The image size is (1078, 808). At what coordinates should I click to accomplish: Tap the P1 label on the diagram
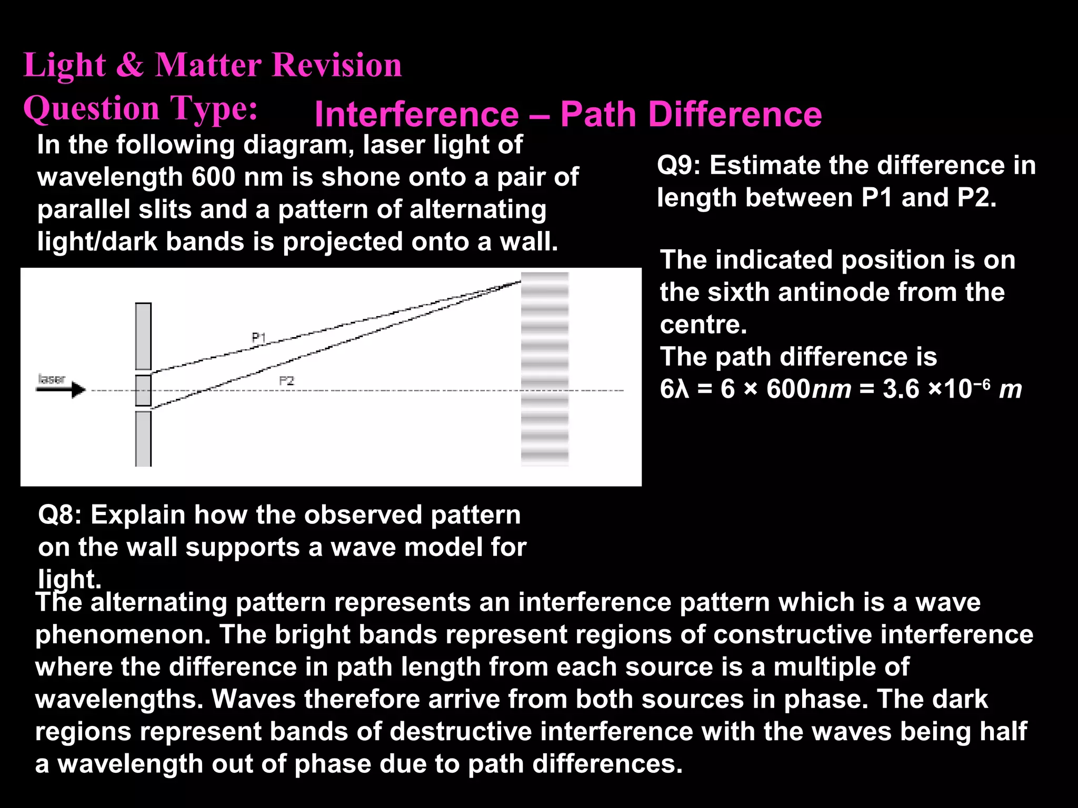259,337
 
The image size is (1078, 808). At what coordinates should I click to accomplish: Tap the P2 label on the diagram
286,380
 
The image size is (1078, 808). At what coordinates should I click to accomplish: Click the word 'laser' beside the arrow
52,379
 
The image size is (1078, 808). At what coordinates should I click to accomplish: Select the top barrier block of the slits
143,336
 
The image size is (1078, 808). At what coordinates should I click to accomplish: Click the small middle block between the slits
143,390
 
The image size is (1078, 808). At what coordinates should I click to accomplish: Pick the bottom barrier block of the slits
143,438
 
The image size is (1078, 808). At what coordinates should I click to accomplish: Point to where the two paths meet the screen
520,282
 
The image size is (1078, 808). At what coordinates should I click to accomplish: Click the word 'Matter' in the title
208,65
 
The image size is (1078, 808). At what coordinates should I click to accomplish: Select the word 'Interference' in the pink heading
416,115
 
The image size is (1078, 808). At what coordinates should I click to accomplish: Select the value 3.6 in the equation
901,389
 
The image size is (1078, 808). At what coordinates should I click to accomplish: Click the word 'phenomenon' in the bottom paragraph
123,634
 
